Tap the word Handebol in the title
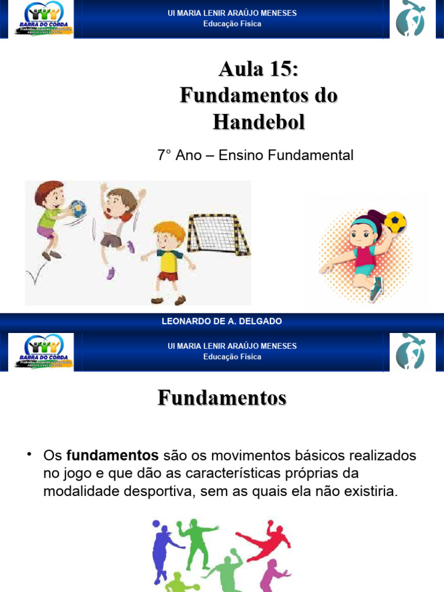click(x=258, y=121)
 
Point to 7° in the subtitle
click(x=165, y=156)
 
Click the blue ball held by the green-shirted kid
click(x=76, y=208)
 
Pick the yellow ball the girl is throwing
click(x=395, y=222)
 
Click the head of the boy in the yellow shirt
click(x=169, y=236)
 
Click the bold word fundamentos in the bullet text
click(x=112, y=456)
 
